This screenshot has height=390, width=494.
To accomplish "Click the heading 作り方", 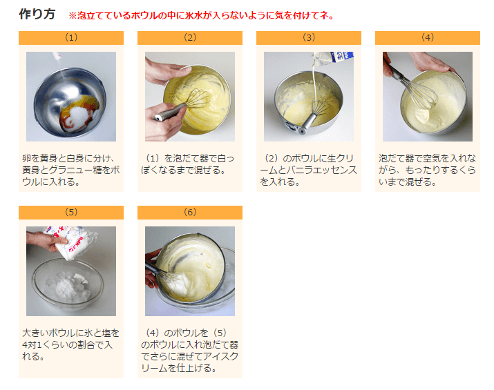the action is click(37, 14).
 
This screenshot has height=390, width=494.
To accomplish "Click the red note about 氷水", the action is click(201, 15).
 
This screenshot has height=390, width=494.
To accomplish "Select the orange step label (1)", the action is click(71, 38).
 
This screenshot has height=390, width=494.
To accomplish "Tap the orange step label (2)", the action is click(190, 38).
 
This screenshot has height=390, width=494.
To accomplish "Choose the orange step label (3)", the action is click(309, 38).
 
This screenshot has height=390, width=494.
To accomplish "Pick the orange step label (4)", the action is click(428, 38).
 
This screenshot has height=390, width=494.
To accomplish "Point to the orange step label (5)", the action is click(71, 213).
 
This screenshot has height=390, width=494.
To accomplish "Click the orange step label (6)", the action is click(190, 213).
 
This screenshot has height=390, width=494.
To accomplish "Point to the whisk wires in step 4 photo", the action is click(421, 92).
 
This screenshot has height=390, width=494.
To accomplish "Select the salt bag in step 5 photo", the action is click(70, 242).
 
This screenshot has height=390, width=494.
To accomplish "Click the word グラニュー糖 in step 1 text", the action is click(84, 170).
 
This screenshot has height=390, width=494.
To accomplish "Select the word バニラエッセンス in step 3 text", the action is click(321, 170).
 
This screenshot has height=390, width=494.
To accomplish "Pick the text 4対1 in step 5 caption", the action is click(32, 344).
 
